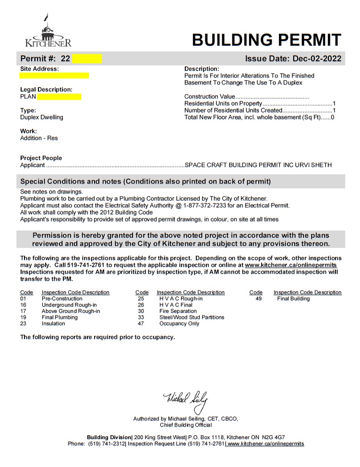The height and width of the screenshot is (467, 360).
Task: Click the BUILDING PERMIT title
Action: point(266,40)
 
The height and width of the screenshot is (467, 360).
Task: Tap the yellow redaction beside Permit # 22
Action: point(87,59)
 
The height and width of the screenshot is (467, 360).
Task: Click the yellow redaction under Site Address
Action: point(54,75)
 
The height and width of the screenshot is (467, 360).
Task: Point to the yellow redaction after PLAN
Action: point(59,97)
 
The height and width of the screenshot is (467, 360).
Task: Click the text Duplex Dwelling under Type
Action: point(41,117)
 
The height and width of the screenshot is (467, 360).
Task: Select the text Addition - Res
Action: point(39,138)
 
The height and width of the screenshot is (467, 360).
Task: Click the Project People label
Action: point(41,158)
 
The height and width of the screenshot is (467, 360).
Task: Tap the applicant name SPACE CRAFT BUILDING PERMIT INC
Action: point(243,165)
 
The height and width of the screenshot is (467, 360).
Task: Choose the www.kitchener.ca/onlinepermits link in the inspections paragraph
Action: point(290,265)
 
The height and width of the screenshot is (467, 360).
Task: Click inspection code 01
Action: point(24,299)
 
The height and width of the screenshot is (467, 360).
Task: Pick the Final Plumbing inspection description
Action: point(60,318)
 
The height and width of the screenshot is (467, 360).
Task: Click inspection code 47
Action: point(141,324)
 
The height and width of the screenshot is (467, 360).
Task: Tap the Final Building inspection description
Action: point(293,299)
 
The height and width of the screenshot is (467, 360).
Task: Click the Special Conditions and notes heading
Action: point(145,182)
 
